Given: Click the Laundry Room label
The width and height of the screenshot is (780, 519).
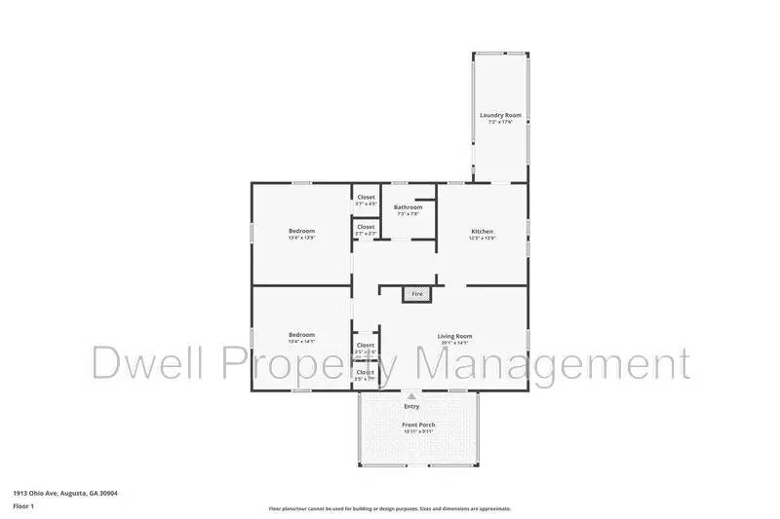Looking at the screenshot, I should point(500,115).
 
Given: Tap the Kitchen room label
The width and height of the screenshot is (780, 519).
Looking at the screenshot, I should point(483,231).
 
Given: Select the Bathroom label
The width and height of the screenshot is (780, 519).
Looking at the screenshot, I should point(409,207).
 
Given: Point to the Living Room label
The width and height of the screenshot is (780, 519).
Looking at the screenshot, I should point(455,336).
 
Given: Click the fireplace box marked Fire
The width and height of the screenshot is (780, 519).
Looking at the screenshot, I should point(416,293).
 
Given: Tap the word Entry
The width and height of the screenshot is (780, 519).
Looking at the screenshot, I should point(411,406).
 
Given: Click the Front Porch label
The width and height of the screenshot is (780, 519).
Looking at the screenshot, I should point(419,426).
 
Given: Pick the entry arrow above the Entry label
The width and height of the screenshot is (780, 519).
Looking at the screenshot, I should point(411,396).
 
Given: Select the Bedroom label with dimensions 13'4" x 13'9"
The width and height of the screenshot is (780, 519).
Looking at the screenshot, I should point(301,231).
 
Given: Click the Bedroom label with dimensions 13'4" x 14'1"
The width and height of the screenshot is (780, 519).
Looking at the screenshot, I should point(301,335).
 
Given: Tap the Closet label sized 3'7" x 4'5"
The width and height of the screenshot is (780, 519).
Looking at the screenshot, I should point(366,198).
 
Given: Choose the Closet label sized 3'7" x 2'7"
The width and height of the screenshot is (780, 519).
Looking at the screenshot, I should point(366,227).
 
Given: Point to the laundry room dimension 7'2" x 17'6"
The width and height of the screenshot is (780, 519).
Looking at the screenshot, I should point(500,122).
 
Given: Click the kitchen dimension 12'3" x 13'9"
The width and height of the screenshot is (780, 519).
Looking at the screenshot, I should point(483,238).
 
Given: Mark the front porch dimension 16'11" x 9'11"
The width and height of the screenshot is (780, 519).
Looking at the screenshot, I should point(419,432).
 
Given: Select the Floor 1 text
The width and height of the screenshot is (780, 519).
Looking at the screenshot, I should point(23,507).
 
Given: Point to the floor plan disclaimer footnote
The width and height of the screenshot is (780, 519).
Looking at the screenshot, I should point(389,508).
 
